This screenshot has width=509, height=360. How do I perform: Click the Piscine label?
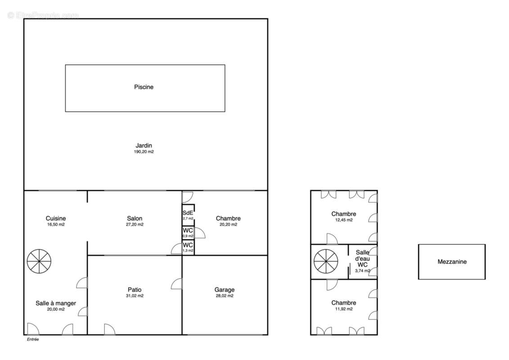tap(144, 87)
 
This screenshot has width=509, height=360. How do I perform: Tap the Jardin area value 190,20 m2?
tap(144, 152)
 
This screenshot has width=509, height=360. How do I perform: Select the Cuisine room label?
tap(56, 218)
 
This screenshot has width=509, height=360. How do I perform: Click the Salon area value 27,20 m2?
tap(135, 225)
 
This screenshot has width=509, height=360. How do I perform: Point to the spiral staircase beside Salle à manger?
tap(39, 261)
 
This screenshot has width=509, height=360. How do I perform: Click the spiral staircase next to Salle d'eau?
tap(326, 261)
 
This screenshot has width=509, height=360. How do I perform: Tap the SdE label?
tap(188, 213)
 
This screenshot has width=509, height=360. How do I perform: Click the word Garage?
tap(225, 290)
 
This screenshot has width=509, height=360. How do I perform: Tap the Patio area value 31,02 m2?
tap(135, 296)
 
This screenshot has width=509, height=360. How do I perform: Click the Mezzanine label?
tap(452, 261)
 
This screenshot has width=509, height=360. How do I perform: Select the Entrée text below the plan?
tap(33, 339)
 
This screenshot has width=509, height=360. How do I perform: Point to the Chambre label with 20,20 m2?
tap(228, 218)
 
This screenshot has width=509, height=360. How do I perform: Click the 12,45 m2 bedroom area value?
tap(344, 220)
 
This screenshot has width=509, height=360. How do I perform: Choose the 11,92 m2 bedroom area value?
tap(344, 309)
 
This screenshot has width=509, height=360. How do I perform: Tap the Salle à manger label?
tap(56, 303)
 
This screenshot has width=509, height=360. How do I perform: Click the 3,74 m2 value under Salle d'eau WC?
tap(362, 270)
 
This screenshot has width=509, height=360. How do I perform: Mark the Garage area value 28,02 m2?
tap(225, 296)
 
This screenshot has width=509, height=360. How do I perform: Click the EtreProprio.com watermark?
tap(43, 15)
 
